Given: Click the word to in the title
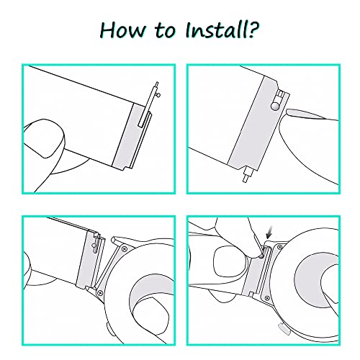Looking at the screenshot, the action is pyautogui.click(x=165, y=31).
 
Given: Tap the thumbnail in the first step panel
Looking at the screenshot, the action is pyautogui.click(x=45, y=138).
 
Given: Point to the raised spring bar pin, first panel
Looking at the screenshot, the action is pyautogui.click(x=150, y=103).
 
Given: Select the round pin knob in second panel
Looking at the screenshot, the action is pyautogui.click(x=275, y=106).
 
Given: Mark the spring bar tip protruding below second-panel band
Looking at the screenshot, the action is pyautogui.click(x=246, y=176).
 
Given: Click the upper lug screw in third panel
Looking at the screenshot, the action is pyautogui.click(x=125, y=248).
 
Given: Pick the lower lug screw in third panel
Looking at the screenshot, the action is pyautogui.click(x=100, y=292).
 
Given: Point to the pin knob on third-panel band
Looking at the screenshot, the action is pyautogui.click(x=94, y=246).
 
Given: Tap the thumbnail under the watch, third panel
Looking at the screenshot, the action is pyautogui.click(x=151, y=317).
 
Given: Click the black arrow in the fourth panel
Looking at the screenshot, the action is pyautogui.click(x=270, y=233).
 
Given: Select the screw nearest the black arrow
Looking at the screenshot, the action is pyautogui.click(x=279, y=246).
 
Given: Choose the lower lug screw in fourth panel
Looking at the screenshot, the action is pyautogui.click(x=267, y=298).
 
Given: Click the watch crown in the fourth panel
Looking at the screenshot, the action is pyautogui.click(x=284, y=329).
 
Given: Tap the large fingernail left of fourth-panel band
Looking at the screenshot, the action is pyautogui.click(x=229, y=261).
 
